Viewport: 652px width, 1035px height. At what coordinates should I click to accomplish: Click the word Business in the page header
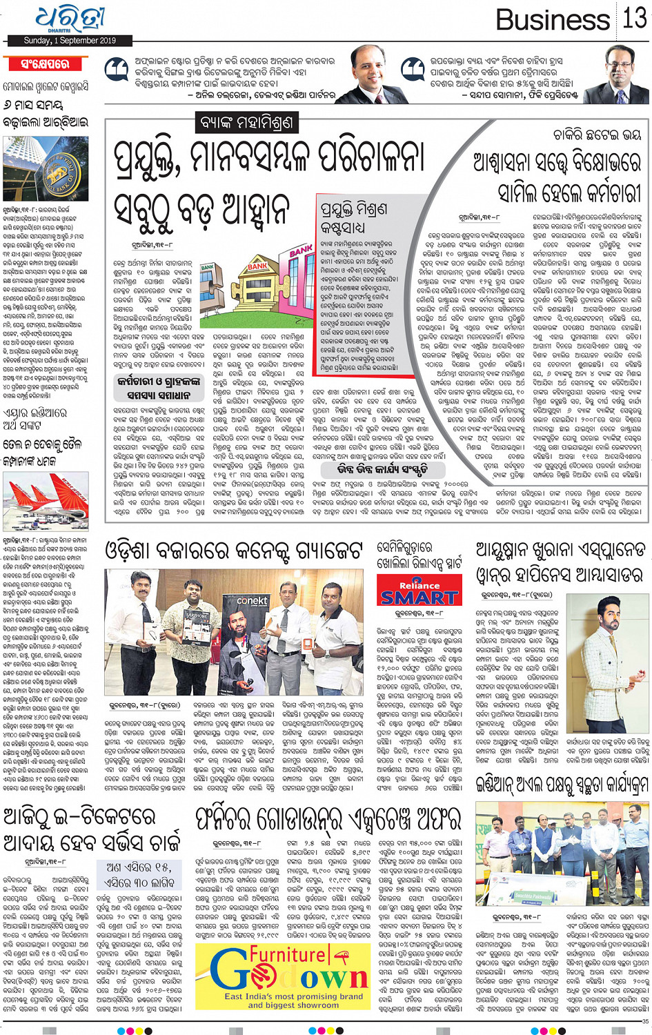pyautogui.click(x=553, y=20)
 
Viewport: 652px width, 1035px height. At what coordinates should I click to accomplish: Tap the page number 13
pyautogui.click(x=634, y=19)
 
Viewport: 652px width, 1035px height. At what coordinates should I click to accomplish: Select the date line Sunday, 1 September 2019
pyautogui.click(x=70, y=41)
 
